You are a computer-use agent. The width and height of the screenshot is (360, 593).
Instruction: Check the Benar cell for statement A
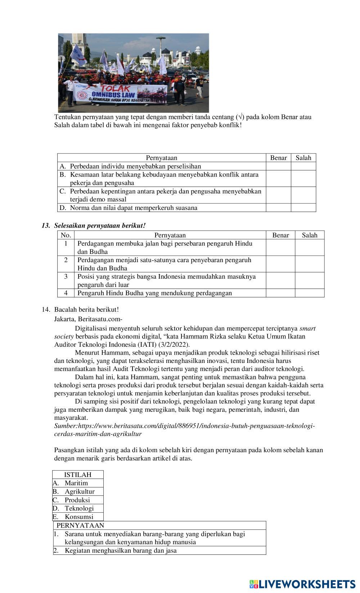coord(278,166)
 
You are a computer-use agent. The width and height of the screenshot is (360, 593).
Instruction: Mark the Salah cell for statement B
coord(303,179)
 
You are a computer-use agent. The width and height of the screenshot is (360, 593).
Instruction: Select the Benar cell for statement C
coord(278,195)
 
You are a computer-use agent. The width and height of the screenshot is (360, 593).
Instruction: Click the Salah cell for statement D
coord(303,208)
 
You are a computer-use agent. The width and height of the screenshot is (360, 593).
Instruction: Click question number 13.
coord(46,226)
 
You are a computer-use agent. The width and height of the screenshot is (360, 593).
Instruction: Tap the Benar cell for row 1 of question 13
coord(280,248)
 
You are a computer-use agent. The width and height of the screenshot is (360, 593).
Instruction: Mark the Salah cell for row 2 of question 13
coord(310,264)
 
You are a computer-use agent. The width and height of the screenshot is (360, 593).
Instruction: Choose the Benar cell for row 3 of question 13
coord(280,280)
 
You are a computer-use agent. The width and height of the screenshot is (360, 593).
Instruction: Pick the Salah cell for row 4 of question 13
coord(310,293)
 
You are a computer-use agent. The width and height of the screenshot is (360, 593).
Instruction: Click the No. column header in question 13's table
coord(66,235)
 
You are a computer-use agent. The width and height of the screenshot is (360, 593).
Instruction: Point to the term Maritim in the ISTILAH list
coord(76,483)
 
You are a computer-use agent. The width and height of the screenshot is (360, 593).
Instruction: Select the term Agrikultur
coord(80,491)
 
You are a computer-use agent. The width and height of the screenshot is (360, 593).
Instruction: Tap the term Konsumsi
coord(79,517)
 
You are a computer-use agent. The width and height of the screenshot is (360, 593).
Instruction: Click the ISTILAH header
coord(78,475)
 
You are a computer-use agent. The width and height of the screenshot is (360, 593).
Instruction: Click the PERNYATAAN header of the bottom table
coord(80,525)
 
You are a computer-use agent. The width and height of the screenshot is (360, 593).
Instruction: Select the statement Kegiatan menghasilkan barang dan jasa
coord(121,551)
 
